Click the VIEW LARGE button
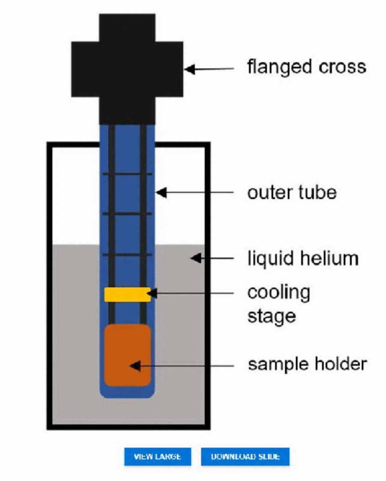[x=157, y=456]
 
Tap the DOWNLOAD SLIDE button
[x=245, y=456]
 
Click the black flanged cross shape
[x=127, y=69]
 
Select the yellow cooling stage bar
[x=127, y=294]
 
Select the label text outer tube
[x=292, y=192]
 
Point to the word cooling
[x=278, y=293]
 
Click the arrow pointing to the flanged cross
[x=210, y=69]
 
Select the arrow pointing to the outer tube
[x=195, y=193]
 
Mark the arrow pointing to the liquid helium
[x=212, y=258]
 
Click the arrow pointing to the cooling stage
[x=191, y=293]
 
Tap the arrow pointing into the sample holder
[x=182, y=366]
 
